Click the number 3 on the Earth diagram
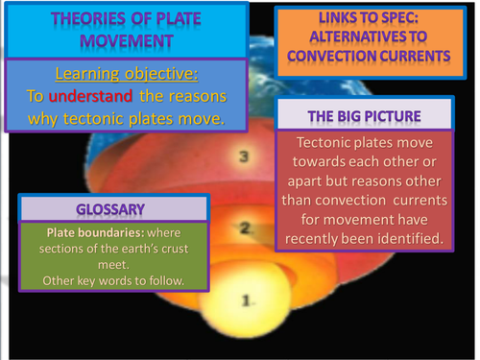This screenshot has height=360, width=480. point(244,156)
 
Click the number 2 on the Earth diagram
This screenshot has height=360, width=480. point(245,228)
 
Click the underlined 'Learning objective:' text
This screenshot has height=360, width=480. point(114,75)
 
